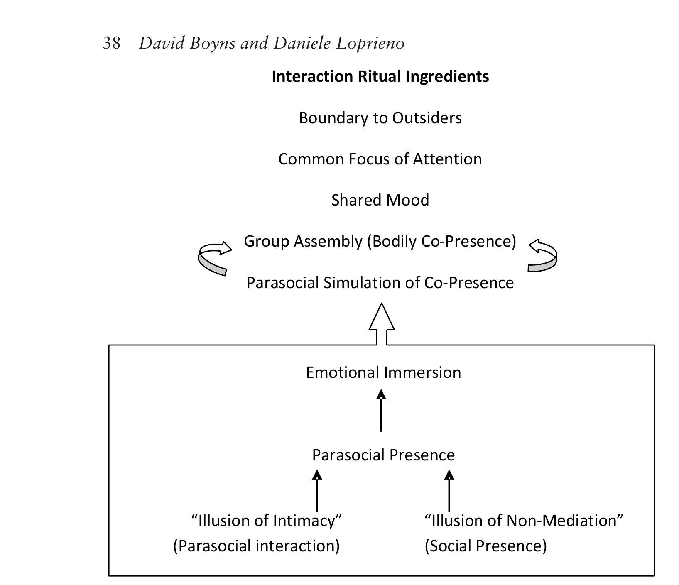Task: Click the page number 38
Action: [112, 43]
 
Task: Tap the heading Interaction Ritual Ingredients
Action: [380, 77]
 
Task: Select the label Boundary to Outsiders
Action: [380, 118]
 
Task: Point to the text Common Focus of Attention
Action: [380, 159]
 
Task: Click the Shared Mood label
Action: [380, 200]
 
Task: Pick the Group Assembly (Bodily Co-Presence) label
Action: [380, 241]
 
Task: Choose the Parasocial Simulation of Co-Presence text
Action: [380, 283]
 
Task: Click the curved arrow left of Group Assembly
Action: [213, 257]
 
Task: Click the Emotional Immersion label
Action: [383, 372]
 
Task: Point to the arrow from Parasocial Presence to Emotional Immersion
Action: [381, 411]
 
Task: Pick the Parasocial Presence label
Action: [383, 455]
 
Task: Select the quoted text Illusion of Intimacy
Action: [266, 521]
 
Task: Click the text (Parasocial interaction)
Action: [256, 546]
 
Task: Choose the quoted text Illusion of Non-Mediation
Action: [524, 521]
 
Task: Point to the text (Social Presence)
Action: [485, 546]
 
